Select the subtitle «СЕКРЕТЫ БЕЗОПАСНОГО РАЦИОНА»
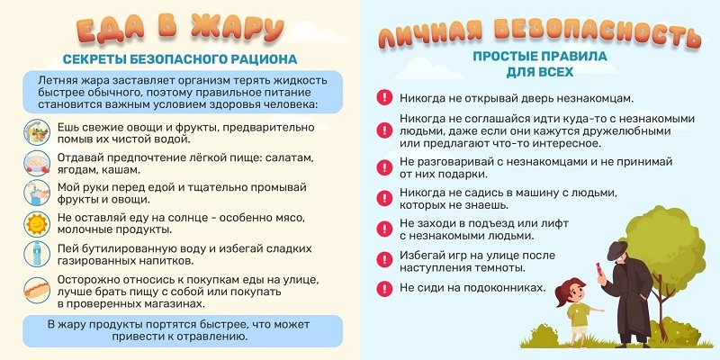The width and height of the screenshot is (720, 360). pyautogui.click(x=180, y=59)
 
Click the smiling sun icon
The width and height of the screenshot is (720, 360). pyautogui.click(x=37, y=223)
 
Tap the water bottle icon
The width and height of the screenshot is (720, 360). pyautogui.click(x=37, y=254)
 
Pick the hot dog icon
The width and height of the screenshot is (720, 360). pyautogui.click(x=37, y=290)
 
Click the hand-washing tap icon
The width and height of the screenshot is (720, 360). pyautogui.click(x=37, y=193)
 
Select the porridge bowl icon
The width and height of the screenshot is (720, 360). pyautogui.click(x=37, y=163)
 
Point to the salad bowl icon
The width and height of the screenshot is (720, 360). pyautogui.click(x=37, y=132)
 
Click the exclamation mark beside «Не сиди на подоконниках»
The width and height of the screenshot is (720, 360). pyautogui.click(x=384, y=288)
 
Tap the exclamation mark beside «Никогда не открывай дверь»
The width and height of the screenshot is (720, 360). pyautogui.click(x=384, y=98)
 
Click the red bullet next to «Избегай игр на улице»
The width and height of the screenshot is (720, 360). pyautogui.click(x=384, y=260)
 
